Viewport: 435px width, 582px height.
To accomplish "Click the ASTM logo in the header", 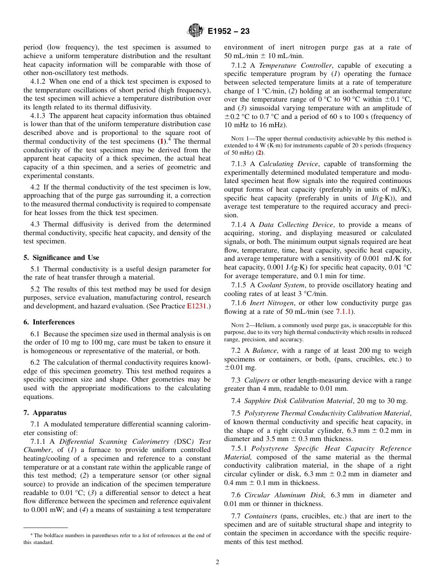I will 196,31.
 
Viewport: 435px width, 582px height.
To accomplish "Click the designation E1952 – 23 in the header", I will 228,32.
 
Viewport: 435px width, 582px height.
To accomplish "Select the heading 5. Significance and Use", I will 61,258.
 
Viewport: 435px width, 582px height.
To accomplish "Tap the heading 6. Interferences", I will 49,322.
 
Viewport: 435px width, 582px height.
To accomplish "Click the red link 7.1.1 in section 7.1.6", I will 343,312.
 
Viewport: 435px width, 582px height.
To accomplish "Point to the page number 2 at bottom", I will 217,562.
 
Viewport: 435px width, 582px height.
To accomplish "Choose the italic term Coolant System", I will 281,285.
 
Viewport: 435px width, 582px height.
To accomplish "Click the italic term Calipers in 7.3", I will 257,380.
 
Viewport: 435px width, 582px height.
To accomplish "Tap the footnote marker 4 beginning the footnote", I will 32,534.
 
